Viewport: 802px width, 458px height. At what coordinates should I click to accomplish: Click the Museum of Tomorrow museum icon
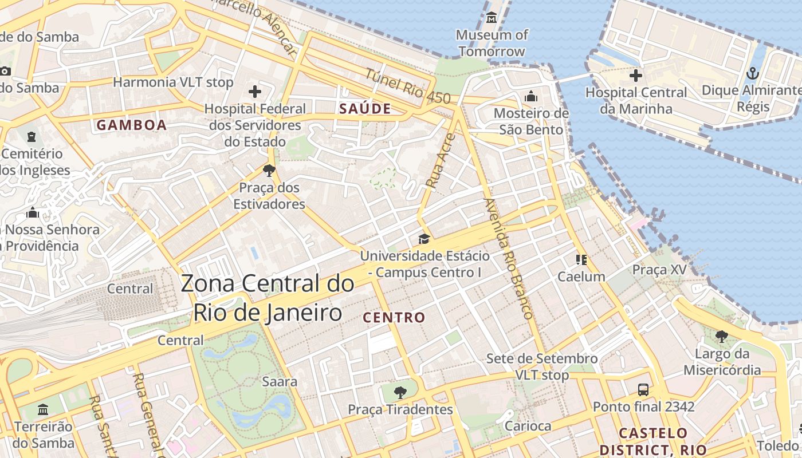click(x=492, y=18)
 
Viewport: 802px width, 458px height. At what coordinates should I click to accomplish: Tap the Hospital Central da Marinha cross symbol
click(x=635, y=75)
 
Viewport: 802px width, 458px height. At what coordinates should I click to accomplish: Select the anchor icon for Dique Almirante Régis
click(x=753, y=73)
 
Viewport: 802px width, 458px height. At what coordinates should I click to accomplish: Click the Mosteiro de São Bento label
click(x=531, y=121)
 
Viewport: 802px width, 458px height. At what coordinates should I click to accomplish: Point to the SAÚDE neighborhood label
click(x=365, y=109)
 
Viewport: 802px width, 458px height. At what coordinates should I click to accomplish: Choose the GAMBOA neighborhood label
click(x=132, y=125)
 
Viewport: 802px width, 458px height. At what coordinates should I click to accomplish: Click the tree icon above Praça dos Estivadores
click(x=269, y=170)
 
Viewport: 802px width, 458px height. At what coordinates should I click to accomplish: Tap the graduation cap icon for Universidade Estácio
click(x=424, y=238)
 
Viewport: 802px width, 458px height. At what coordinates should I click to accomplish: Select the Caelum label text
click(x=581, y=277)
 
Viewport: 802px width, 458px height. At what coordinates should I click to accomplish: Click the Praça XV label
click(x=659, y=269)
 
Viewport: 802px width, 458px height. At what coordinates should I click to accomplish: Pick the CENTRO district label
click(x=395, y=317)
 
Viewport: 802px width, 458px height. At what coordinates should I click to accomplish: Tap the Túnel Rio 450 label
click(x=408, y=86)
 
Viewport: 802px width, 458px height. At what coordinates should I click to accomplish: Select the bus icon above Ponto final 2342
click(x=643, y=390)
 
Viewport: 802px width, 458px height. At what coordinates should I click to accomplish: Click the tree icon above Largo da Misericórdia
click(x=721, y=337)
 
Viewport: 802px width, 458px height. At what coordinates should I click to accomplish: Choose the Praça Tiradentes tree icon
click(x=400, y=392)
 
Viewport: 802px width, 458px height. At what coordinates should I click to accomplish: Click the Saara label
click(x=280, y=381)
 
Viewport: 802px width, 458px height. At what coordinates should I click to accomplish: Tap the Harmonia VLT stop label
click(x=173, y=82)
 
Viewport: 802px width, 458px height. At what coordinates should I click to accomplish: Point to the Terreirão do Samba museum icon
click(x=43, y=409)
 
